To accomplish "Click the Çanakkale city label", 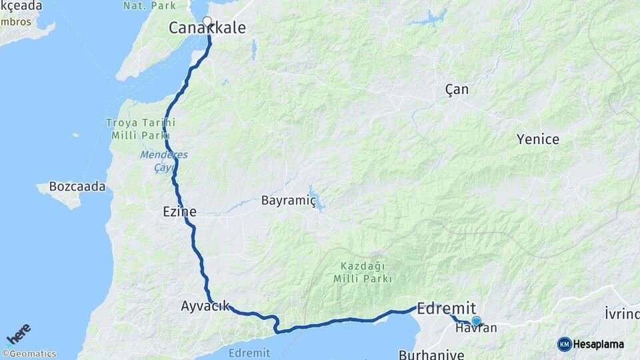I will (207, 28).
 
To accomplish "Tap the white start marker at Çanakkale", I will (207, 21).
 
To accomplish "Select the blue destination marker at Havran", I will (476, 321).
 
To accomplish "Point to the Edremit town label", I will (447, 308).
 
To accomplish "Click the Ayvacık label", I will (205, 306).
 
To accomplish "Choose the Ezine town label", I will (179, 212).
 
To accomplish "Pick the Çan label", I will (457, 89).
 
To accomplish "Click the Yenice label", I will (538, 139).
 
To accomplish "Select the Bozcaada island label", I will (77, 187).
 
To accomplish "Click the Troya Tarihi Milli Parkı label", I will (141, 129).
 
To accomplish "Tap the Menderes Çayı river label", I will (163, 161).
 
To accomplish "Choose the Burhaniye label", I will (431, 354).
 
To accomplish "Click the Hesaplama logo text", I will (598, 345).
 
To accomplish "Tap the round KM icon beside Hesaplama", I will (565, 345).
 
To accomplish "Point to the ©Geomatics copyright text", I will (29, 354).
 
